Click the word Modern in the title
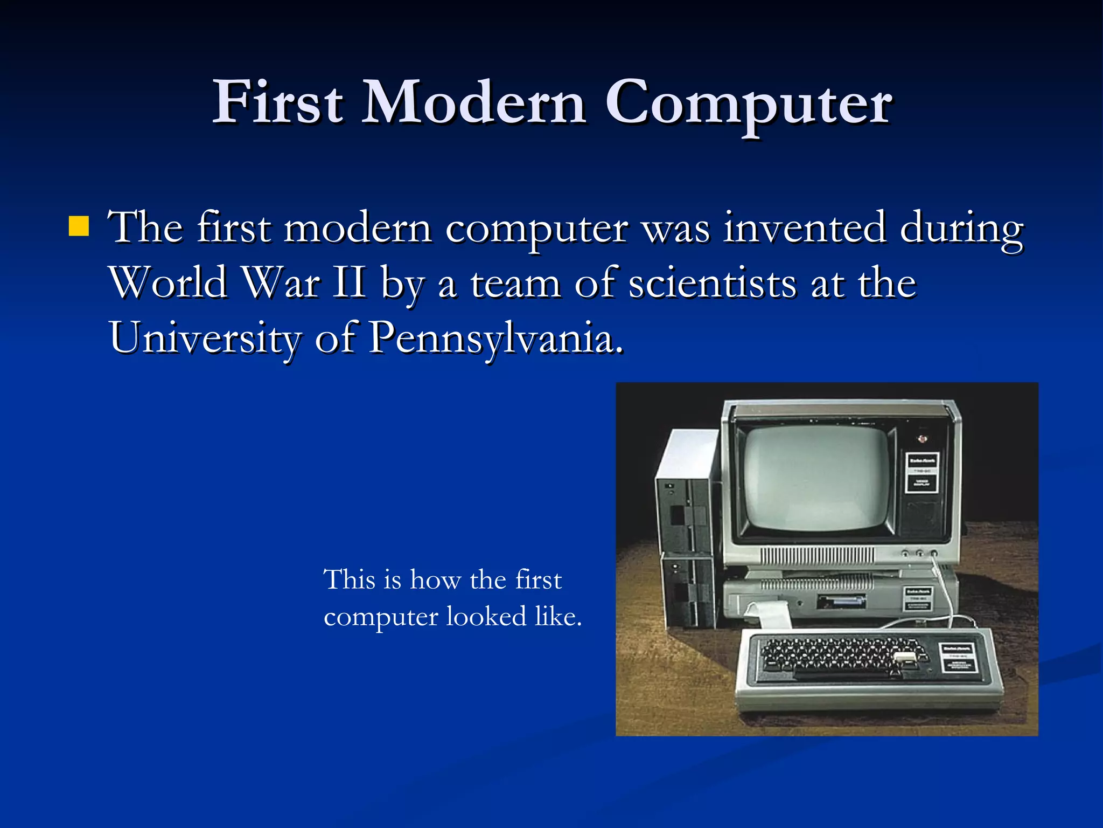pyautogui.click(x=474, y=102)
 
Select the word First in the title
pyautogui.click(x=278, y=102)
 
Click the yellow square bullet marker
pyautogui.click(x=79, y=226)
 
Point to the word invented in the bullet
pyautogui.click(x=805, y=227)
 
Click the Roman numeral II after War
pyautogui.click(x=350, y=282)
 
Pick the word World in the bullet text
pyautogui.click(x=169, y=282)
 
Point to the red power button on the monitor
pyautogui.click(x=923, y=438)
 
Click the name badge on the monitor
pyautogui.click(x=922, y=472)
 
